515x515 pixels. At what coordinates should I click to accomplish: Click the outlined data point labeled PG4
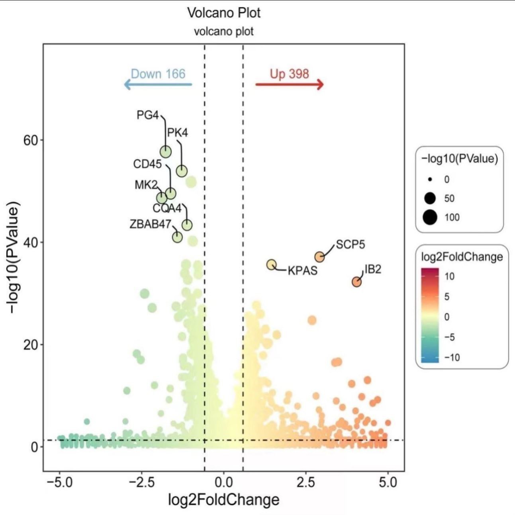click(166, 152)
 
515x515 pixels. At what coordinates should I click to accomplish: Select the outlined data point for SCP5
click(320, 257)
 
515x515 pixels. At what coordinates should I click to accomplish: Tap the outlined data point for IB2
click(356, 282)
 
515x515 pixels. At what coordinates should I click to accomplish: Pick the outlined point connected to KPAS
click(272, 264)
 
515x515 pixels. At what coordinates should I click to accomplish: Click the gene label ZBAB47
click(150, 224)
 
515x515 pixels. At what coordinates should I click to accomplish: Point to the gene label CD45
click(147, 164)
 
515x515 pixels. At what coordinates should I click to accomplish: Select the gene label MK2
click(146, 185)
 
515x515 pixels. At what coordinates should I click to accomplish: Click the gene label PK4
click(177, 133)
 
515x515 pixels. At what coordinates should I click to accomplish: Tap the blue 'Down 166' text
click(158, 74)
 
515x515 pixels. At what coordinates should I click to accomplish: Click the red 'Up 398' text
click(289, 74)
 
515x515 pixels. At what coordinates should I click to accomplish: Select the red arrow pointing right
click(290, 84)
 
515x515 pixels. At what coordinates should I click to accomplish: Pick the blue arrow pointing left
click(158, 84)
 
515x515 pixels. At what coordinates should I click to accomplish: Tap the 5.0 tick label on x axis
click(388, 482)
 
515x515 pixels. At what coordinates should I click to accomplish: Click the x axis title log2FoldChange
click(223, 499)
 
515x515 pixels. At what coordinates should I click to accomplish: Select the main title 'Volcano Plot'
click(224, 13)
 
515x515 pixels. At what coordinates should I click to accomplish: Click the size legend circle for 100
click(430, 217)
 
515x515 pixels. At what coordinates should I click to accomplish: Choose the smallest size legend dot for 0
click(430, 180)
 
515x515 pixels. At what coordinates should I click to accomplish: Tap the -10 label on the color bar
click(452, 357)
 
